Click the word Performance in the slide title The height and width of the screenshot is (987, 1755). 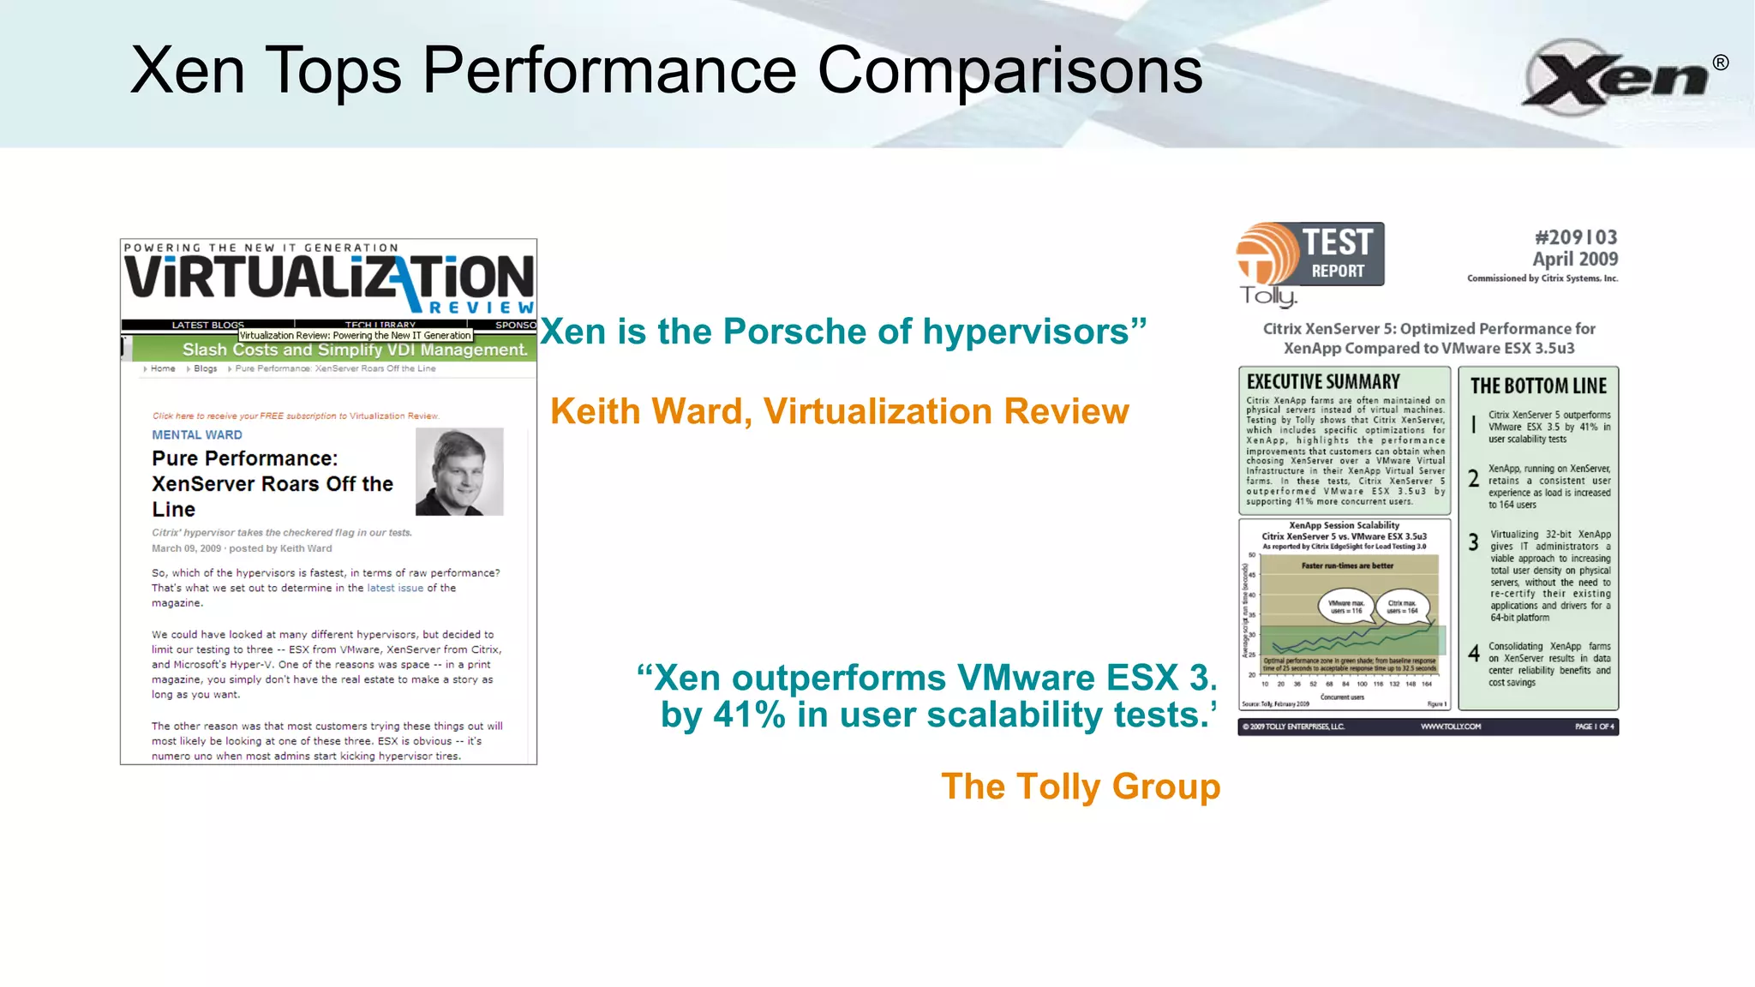609,70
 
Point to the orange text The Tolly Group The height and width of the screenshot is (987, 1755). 1080,787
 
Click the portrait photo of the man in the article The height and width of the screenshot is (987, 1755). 459,472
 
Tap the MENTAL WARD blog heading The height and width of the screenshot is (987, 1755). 197,435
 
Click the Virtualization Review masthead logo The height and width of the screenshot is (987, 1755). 329,279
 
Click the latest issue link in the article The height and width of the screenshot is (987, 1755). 395,588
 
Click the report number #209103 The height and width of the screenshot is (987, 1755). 1575,237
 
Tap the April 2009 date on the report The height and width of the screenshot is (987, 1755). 1575,259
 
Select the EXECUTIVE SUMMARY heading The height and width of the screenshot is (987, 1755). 1323,382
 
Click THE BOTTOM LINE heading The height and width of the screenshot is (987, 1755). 1538,386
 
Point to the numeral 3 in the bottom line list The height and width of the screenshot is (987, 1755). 1473,542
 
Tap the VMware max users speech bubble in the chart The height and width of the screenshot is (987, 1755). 1345,607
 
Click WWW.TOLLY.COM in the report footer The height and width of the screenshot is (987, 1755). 1450,727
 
